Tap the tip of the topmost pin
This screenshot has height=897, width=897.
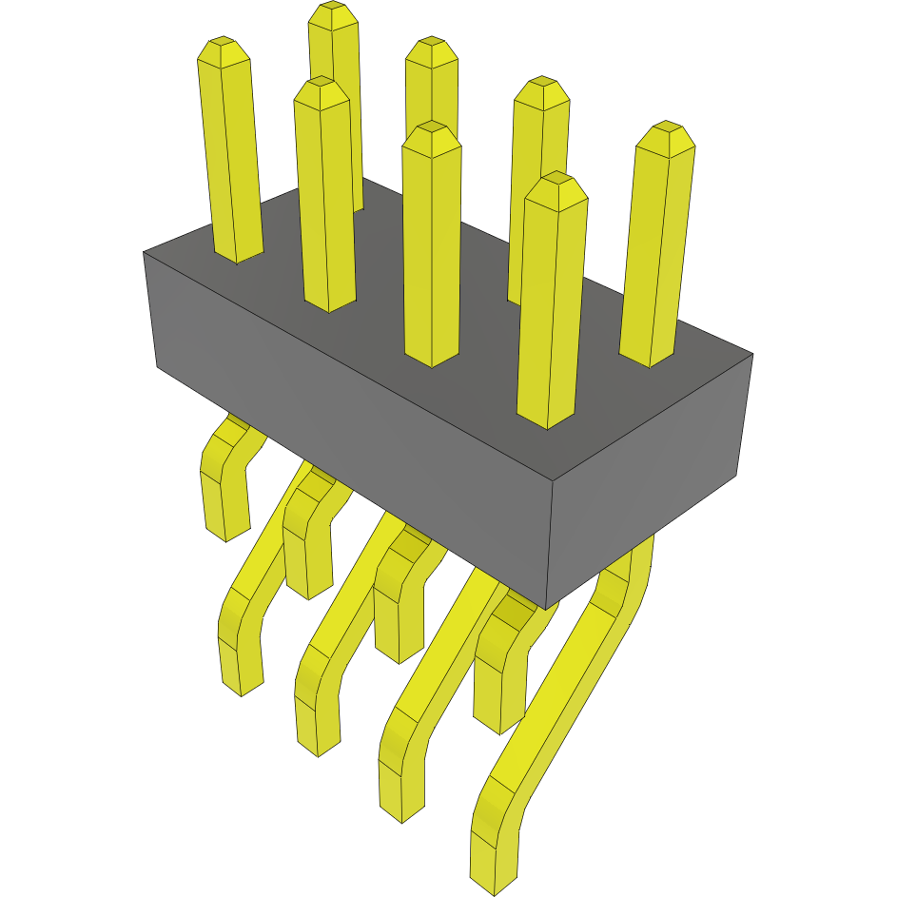tap(333, 9)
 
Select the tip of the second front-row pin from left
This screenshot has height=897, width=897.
tap(321, 84)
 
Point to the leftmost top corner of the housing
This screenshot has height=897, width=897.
tap(144, 252)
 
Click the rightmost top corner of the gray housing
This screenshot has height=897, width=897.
tap(752, 355)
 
